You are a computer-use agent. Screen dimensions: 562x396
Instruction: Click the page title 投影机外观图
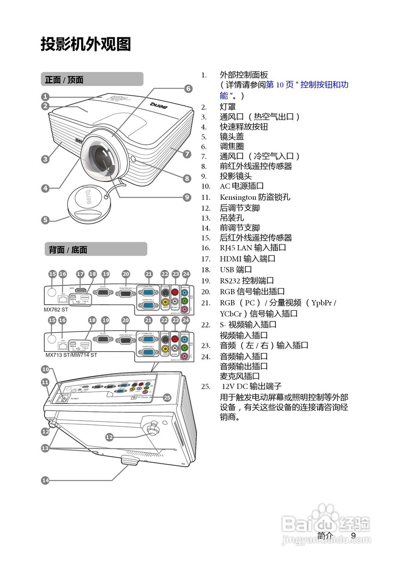click(x=86, y=44)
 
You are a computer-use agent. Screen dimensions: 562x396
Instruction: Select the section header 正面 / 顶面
click(x=64, y=79)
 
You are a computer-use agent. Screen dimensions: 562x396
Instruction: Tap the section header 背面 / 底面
click(x=68, y=250)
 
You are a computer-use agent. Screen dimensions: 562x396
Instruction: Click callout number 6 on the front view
click(x=188, y=89)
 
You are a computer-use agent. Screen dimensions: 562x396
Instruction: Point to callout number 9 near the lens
click(x=187, y=197)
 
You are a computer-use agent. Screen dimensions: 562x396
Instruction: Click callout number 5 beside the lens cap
click(x=45, y=220)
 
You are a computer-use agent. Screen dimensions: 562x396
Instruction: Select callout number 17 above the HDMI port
click(x=80, y=274)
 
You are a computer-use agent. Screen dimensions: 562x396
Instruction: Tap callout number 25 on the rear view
click(x=167, y=397)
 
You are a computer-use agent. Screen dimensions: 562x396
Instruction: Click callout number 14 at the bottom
click(x=45, y=480)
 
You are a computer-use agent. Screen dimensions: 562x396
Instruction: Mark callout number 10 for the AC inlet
click(x=45, y=369)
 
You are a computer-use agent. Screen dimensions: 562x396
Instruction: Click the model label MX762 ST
click(x=56, y=310)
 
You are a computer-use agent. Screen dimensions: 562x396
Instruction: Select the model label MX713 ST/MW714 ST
click(x=71, y=355)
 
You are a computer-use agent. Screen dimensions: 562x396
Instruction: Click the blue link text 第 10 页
click(x=280, y=85)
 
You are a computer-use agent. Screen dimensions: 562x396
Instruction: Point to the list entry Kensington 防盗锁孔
click(x=255, y=198)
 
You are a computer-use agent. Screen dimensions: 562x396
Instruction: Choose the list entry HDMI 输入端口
click(x=247, y=259)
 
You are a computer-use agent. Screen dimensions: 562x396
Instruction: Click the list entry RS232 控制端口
click(x=246, y=280)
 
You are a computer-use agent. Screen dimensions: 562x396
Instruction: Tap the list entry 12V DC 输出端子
click(x=251, y=386)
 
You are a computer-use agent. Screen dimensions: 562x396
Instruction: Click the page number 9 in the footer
click(x=353, y=535)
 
